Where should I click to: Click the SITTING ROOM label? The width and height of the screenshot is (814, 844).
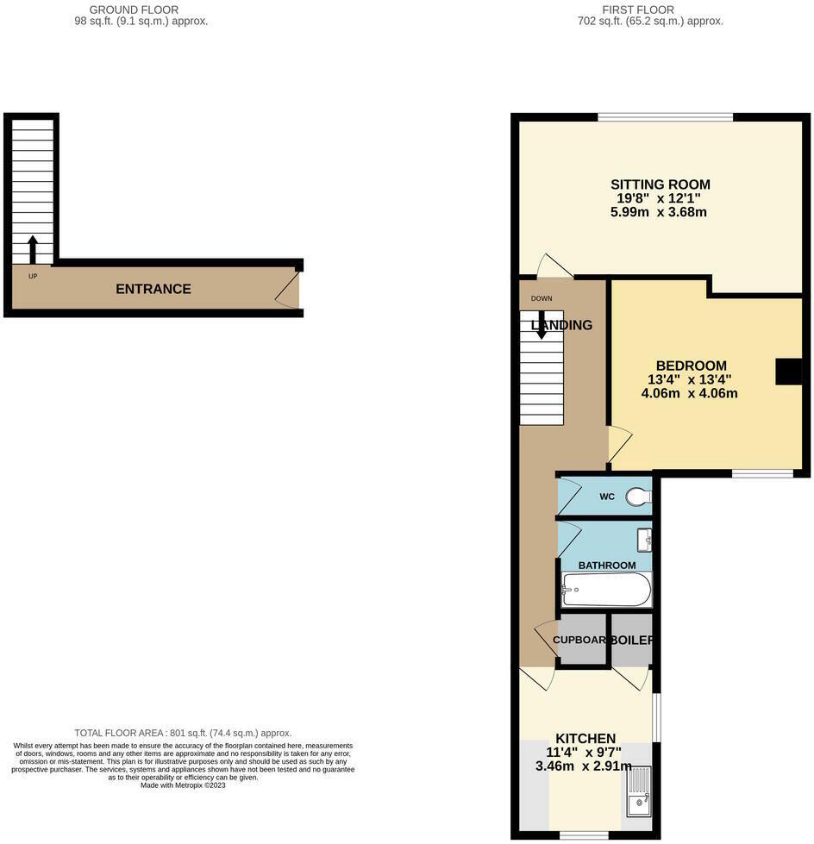(x=660, y=184)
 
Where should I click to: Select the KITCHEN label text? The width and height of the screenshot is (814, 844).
(x=585, y=739)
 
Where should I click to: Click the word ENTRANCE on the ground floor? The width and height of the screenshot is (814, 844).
(x=153, y=289)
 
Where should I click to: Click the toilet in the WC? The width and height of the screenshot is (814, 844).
(x=638, y=497)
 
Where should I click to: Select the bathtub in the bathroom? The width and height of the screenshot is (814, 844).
(x=606, y=590)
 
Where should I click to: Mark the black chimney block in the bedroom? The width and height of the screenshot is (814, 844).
(x=788, y=372)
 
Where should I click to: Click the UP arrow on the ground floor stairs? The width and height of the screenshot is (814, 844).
(x=33, y=249)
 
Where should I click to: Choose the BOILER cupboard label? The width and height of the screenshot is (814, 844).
(x=631, y=641)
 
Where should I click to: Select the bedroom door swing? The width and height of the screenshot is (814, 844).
(x=619, y=445)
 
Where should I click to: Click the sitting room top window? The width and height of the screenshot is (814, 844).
(x=665, y=117)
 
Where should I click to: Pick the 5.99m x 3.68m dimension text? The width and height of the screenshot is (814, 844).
(x=660, y=211)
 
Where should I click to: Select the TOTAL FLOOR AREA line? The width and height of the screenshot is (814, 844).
(x=183, y=733)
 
